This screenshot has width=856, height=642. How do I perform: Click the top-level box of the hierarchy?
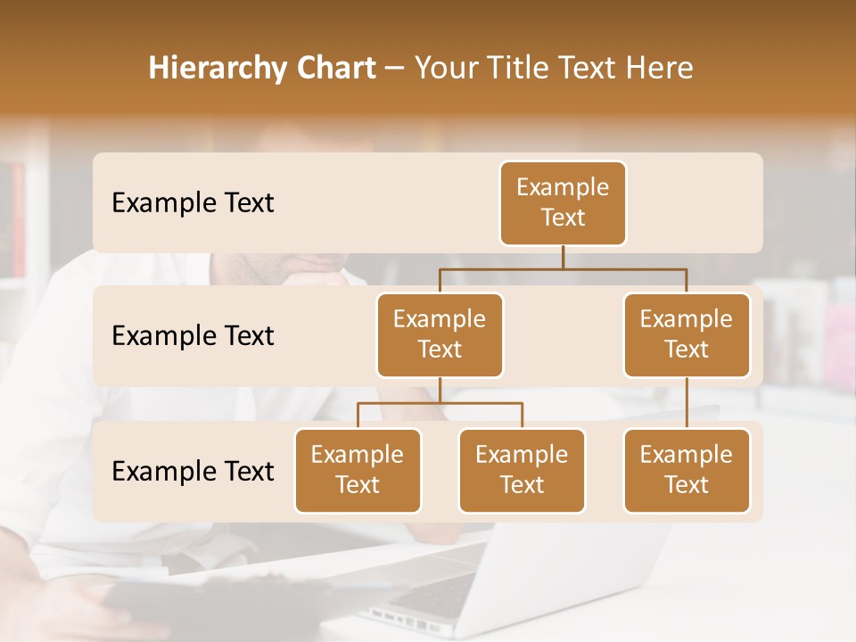point(563,203)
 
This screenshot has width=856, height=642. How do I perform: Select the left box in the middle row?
point(440,335)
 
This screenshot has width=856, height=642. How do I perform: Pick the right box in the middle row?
point(687,335)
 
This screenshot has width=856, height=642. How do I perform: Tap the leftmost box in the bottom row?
point(358,471)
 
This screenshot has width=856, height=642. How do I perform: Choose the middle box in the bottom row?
point(522,471)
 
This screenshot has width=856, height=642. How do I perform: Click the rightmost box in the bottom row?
point(687,471)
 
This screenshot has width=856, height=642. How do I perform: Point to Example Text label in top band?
point(193,203)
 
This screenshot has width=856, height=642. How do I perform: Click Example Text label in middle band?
point(193,336)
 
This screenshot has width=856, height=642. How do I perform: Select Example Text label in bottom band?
point(193,471)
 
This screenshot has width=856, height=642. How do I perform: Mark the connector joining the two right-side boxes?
point(687,403)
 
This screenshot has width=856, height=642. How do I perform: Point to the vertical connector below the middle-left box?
point(440,391)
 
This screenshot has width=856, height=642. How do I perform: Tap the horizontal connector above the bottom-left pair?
point(440,403)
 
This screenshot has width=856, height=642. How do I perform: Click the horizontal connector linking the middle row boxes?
point(563,268)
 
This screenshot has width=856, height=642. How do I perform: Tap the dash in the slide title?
point(395,69)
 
